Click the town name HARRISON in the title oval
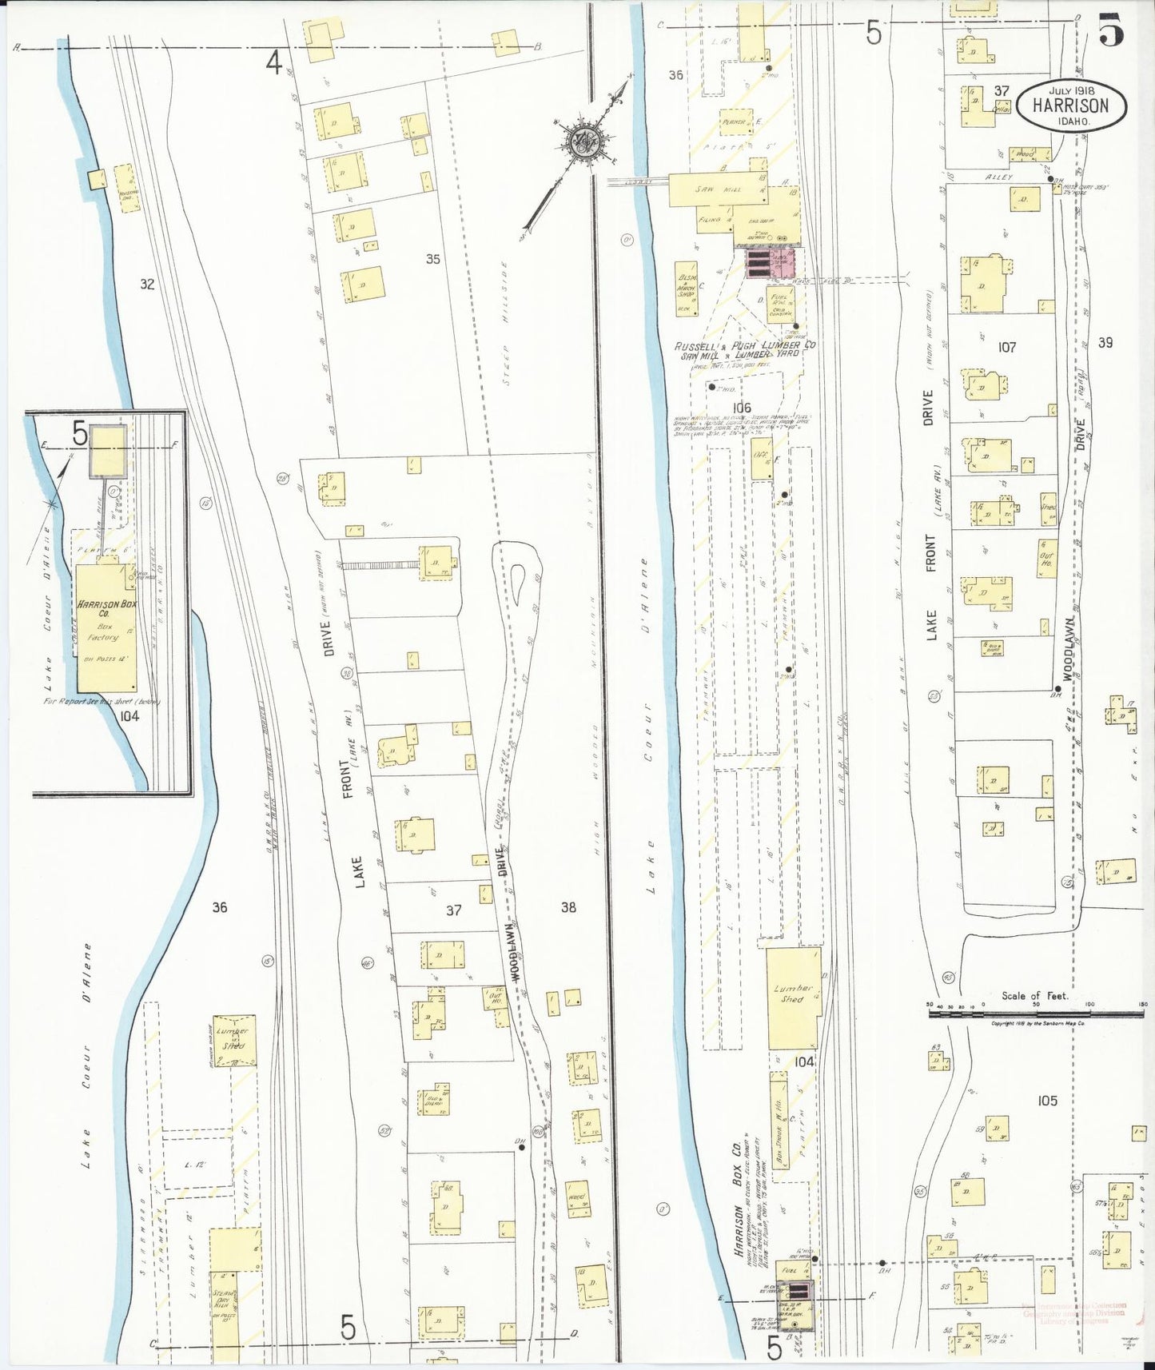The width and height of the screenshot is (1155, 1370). coord(1070,106)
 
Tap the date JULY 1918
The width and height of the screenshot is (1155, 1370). coord(1069,90)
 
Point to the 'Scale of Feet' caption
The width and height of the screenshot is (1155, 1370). coord(1035,996)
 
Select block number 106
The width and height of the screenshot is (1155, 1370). coord(741,408)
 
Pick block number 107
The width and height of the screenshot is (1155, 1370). coord(1006,347)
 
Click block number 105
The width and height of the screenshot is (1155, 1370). coord(1047,1101)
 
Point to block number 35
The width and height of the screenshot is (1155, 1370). coord(432,259)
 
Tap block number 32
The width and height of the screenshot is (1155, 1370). coord(146,284)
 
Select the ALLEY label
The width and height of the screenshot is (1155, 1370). coord(998,177)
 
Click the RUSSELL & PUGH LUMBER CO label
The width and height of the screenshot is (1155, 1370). coord(744,347)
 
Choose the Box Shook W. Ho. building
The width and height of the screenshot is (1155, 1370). coord(780,1118)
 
